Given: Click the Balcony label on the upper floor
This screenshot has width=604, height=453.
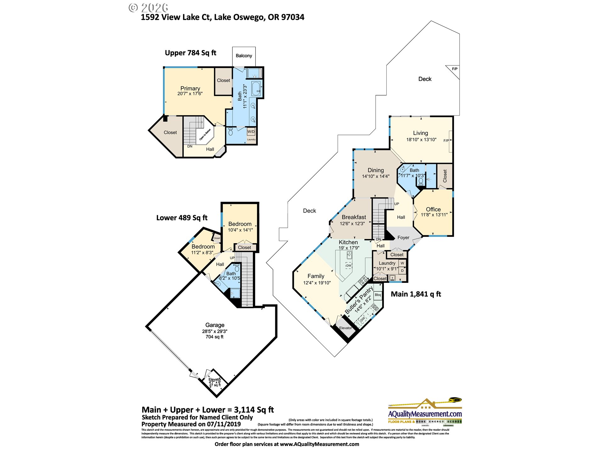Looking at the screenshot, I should click(x=244, y=56).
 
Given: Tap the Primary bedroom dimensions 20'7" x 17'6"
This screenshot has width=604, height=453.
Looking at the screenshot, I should click(x=190, y=94).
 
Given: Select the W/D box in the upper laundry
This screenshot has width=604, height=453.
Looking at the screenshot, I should click(x=251, y=131).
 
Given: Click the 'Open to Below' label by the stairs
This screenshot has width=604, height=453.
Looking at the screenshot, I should click(x=205, y=135).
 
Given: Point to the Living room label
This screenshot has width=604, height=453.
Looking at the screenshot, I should click(x=420, y=133).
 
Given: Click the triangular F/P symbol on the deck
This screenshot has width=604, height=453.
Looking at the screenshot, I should click(x=454, y=70).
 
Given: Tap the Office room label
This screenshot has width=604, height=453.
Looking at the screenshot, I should click(x=433, y=209).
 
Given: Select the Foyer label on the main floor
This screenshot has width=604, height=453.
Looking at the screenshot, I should click(x=403, y=238).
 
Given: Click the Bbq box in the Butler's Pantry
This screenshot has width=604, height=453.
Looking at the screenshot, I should click(x=378, y=295).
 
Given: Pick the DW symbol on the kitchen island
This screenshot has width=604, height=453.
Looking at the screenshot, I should click(x=349, y=266).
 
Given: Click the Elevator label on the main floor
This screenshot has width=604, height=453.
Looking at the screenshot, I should click(x=345, y=328).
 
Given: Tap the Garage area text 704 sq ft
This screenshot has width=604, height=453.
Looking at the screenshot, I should click(x=215, y=337).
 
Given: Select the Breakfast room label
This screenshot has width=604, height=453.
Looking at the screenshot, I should click(x=354, y=217).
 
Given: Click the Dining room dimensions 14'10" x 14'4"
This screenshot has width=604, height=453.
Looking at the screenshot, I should click(x=376, y=176).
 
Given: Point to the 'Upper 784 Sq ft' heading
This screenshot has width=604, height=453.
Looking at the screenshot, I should click(x=190, y=53).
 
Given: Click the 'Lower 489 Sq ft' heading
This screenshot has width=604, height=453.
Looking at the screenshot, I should click(x=182, y=218).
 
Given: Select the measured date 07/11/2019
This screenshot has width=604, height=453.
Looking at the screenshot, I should click(x=224, y=424).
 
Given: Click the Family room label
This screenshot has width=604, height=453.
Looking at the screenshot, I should click(x=316, y=276).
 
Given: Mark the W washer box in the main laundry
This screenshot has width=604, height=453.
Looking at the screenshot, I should click(x=402, y=263).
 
